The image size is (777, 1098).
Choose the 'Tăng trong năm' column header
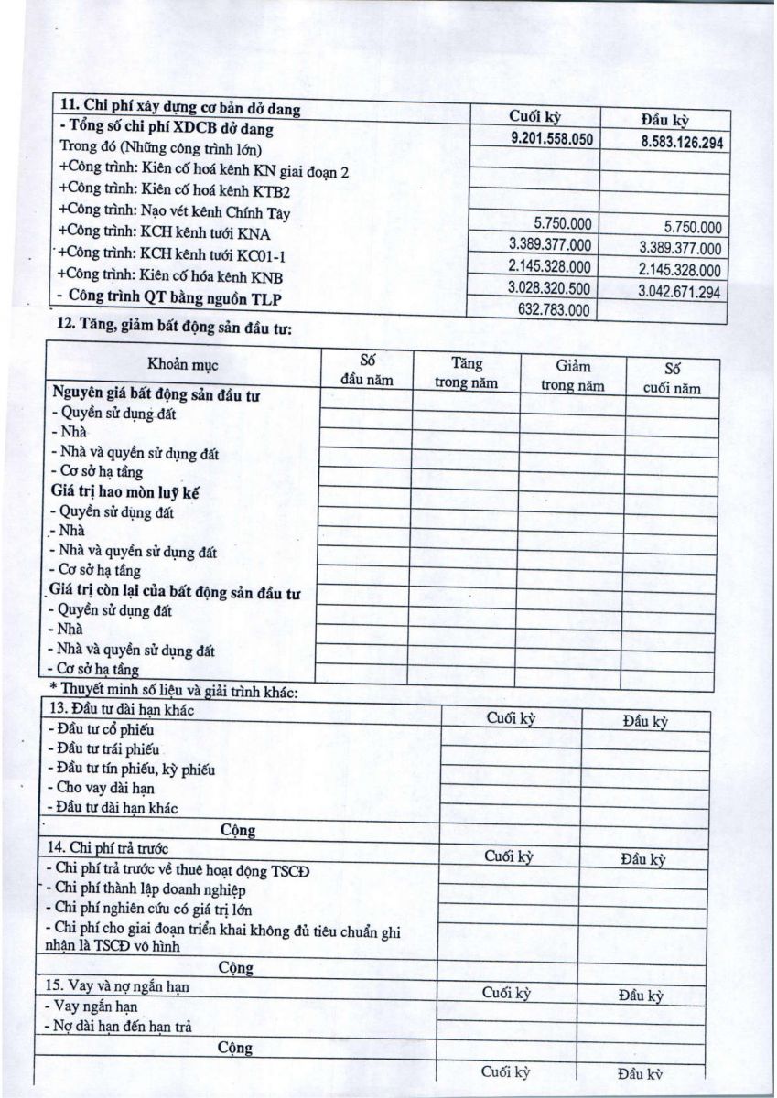(x=466, y=373)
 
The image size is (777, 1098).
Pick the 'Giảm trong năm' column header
(x=573, y=376)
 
